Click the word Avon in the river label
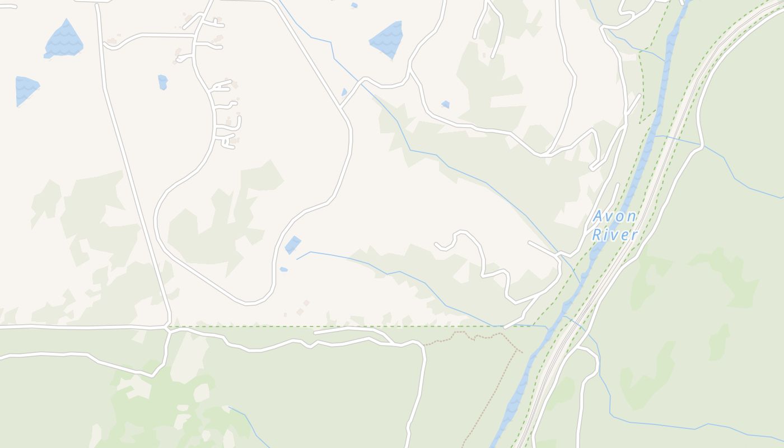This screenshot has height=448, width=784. click(x=614, y=216)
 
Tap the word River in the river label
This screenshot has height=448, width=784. click(x=614, y=235)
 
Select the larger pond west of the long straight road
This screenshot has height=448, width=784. click(x=64, y=40)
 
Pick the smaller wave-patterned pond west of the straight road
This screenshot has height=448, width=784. click(x=26, y=88)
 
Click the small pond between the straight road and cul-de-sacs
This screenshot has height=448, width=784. click(x=162, y=82)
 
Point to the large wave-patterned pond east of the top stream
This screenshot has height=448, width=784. click(x=388, y=39)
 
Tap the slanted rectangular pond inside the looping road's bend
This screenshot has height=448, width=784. click(x=292, y=245)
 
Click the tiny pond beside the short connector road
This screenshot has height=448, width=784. click(x=344, y=92)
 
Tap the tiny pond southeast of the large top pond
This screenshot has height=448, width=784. click(x=445, y=104)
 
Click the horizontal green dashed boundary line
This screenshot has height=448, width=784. click(x=336, y=326)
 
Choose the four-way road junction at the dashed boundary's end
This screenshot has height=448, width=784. click(x=168, y=327)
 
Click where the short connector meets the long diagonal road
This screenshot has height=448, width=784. click(x=340, y=107)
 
